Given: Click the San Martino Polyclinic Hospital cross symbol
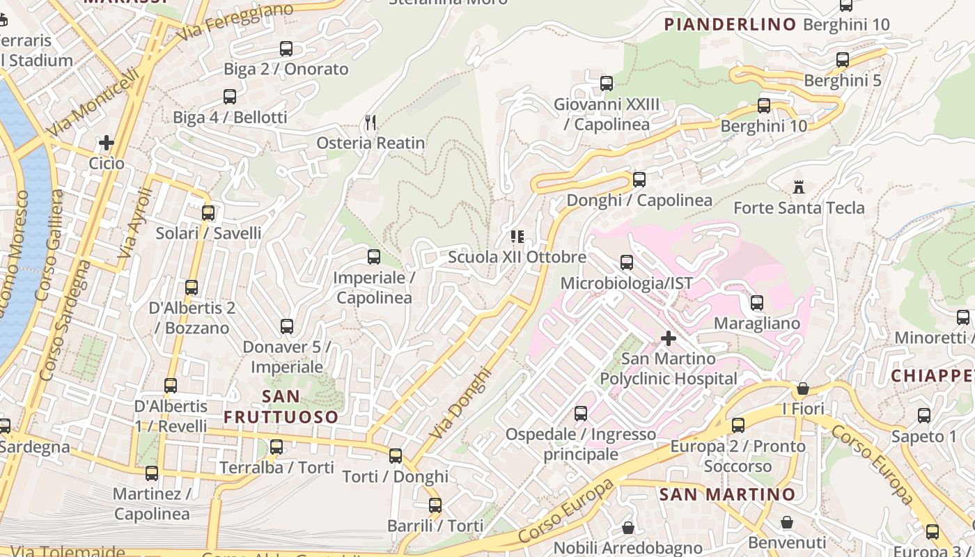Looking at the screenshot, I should [669, 338].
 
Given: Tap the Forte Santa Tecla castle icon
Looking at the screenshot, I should [799, 187].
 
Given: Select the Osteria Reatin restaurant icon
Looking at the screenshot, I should [370, 123].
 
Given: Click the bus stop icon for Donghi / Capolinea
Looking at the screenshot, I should [639, 180].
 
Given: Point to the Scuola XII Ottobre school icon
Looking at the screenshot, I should [517, 237].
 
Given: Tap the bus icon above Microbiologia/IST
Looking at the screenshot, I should [627, 262].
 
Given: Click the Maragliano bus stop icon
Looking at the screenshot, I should [757, 303].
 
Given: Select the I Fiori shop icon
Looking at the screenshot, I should [803, 389].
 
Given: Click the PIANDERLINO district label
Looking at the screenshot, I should [730, 24].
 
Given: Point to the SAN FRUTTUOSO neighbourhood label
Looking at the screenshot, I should [281, 407].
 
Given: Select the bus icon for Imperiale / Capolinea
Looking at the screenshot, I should [374, 257].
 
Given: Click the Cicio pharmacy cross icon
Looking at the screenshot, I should [107, 143].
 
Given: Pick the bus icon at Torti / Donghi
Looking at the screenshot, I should [396, 456].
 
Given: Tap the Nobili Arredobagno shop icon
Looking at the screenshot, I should [628, 528].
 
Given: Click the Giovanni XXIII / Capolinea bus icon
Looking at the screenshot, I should [607, 84].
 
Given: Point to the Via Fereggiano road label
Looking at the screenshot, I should [235, 22].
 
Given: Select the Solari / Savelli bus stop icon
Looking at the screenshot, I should [208, 213].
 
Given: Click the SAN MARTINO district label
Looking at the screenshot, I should [727, 494].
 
